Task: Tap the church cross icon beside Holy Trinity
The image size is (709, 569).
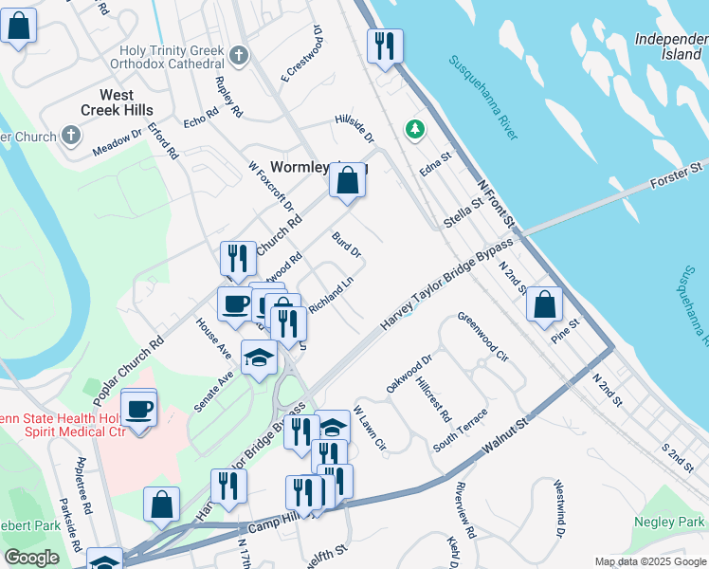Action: (x=238, y=55)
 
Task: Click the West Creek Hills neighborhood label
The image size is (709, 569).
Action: (x=128, y=102)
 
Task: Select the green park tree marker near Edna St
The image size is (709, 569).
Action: (x=413, y=128)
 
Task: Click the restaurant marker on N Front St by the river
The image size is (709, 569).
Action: (x=385, y=46)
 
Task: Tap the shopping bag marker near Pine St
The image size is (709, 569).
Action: (x=544, y=305)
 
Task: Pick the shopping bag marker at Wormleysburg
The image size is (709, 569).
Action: (x=347, y=180)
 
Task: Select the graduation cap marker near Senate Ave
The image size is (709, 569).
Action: (x=260, y=358)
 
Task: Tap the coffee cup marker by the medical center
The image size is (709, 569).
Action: (x=139, y=410)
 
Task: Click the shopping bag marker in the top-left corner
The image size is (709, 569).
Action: (x=19, y=27)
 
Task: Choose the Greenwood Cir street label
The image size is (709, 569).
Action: (x=483, y=338)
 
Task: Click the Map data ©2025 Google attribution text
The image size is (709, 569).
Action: (x=649, y=561)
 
